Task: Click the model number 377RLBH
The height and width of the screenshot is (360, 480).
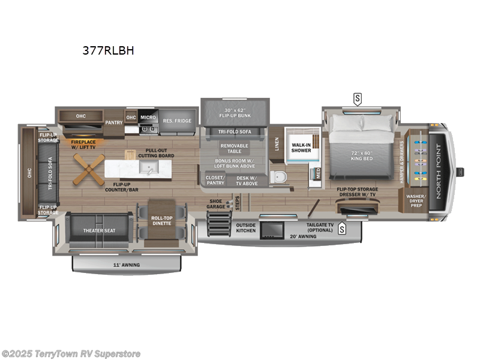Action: click(x=104, y=52)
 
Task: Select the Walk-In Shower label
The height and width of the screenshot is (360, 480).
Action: click(x=301, y=147)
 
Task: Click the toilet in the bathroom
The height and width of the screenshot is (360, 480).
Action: click(x=278, y=176)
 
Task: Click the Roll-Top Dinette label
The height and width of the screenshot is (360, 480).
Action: click(x=160, y=221)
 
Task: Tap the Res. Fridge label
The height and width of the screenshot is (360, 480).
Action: click(x=177, y=121)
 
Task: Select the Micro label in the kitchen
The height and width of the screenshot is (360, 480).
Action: click(x=148, y=117)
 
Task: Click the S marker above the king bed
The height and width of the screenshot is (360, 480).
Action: click(x=358, y=98)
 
